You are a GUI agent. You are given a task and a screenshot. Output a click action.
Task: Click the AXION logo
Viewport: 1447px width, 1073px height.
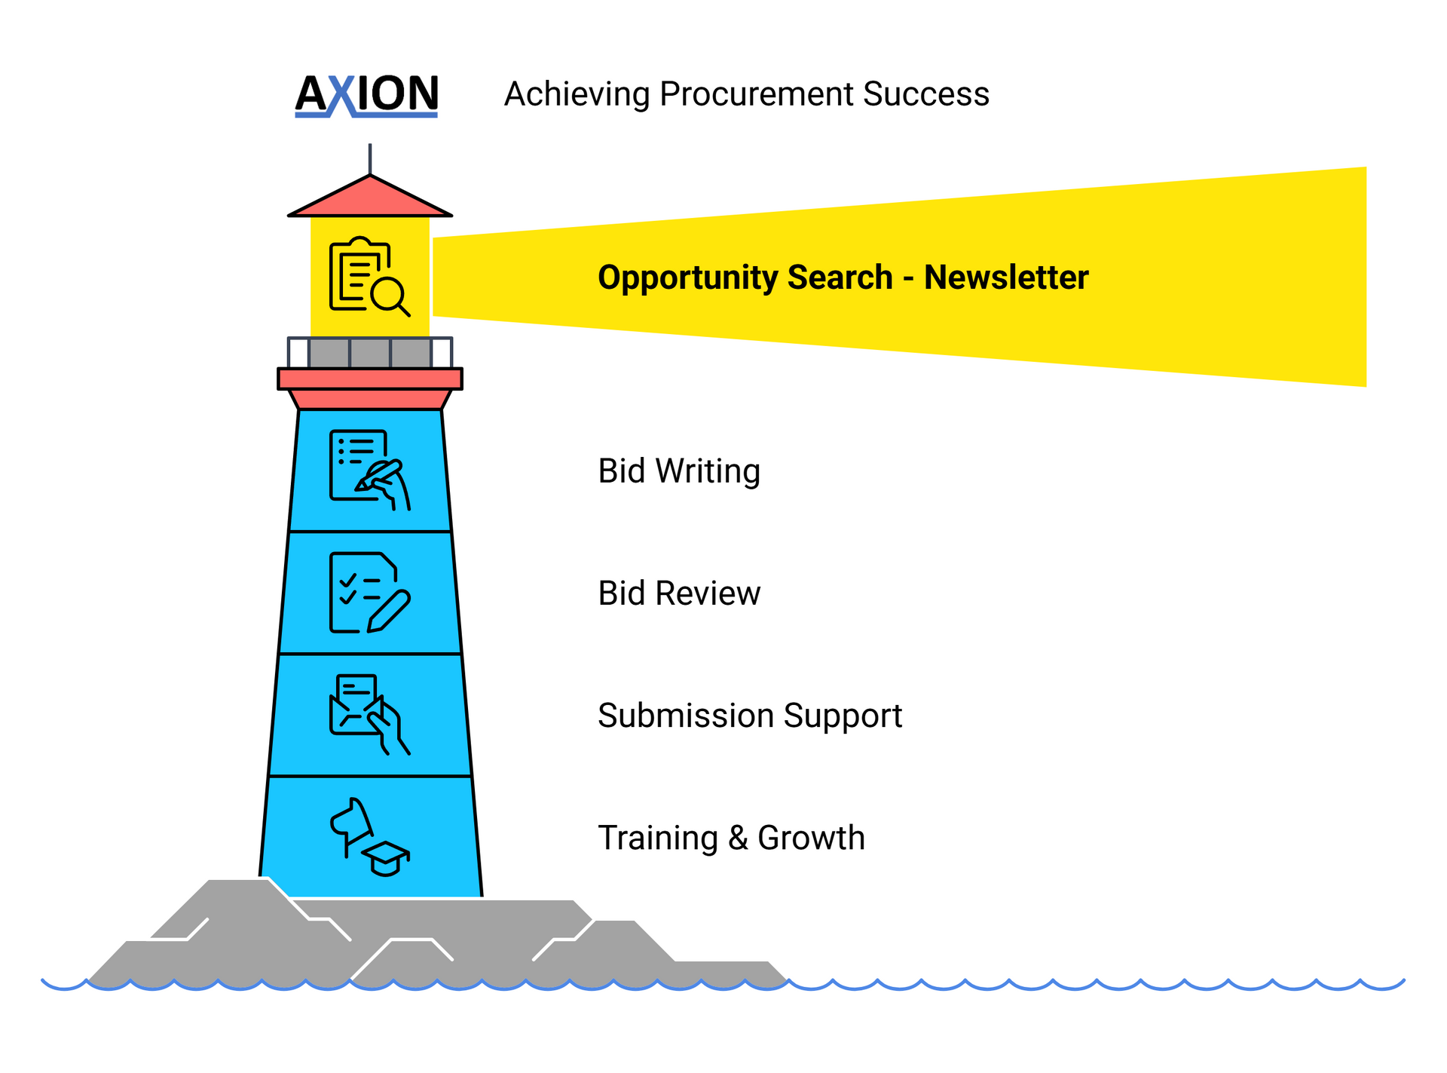point(366,96)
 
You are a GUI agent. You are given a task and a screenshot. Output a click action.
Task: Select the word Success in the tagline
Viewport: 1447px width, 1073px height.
point(925,94)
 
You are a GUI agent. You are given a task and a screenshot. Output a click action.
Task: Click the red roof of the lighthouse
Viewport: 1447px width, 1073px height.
point(370,197)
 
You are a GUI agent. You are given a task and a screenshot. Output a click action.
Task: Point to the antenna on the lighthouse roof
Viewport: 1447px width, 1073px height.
point(370,159)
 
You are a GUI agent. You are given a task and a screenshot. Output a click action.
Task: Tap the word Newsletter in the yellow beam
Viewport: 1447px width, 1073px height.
point(1006,277)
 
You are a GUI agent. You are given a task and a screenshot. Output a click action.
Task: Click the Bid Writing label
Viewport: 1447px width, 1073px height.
point(679,471)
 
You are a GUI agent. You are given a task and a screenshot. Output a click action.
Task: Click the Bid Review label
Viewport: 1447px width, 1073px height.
point(679,593)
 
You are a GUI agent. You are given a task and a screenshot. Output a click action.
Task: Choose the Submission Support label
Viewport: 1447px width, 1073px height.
point(750,716)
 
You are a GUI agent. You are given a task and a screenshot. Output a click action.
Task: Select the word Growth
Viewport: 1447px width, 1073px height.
point(811,838)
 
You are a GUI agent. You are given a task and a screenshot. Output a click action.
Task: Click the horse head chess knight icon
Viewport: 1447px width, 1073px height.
point(351,825)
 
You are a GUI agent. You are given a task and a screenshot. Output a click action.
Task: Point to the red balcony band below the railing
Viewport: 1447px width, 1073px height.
point(370,379)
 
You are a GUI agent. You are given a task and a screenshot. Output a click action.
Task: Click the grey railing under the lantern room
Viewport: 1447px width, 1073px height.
point(370,352)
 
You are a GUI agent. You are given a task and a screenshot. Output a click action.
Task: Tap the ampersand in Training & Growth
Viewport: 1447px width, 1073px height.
point(738,838)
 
